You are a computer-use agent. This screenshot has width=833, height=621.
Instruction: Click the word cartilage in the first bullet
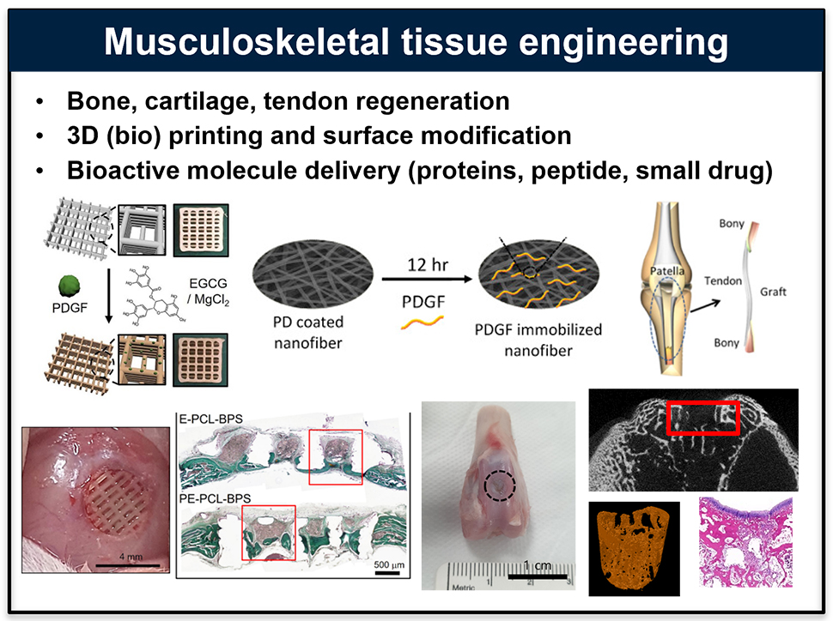199,101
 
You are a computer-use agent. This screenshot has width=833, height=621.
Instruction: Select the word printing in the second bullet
216,136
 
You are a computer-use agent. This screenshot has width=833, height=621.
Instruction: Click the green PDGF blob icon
69,286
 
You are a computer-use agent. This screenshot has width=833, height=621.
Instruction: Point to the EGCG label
208,283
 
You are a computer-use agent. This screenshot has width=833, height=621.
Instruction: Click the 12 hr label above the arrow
428,264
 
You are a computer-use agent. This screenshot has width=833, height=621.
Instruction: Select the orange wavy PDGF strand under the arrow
423,322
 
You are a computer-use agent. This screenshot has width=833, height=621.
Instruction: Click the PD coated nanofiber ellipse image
313,274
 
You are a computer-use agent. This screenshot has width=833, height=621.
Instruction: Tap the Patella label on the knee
667,271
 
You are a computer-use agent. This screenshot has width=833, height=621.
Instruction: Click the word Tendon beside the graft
722,280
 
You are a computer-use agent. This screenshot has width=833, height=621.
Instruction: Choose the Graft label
773,292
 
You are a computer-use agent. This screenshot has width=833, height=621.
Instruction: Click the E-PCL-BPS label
211,419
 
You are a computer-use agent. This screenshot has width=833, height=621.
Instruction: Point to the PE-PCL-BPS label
215,499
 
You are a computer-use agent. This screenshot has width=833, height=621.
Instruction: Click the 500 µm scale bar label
389,564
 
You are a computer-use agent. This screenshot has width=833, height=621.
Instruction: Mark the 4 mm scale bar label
131,557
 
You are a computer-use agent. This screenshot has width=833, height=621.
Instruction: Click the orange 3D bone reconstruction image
634,549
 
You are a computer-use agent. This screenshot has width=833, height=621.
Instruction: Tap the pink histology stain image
746,542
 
